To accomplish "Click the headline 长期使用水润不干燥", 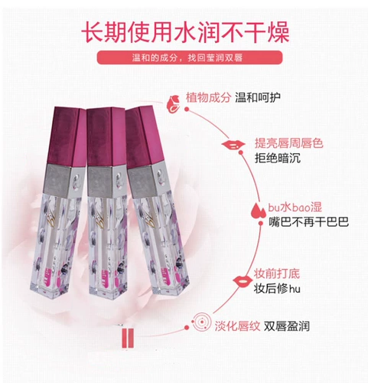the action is (185, 32).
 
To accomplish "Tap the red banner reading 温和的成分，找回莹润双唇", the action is (190, 57).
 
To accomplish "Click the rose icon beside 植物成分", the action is (173, 103).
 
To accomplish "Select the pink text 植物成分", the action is (208, 97).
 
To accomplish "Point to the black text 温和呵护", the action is (258, 97).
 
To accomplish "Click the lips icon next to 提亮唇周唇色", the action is (233, 145).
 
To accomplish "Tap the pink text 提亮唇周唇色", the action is (289, 143).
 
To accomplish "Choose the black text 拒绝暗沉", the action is (278, 158).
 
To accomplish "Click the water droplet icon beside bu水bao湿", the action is (258, 211).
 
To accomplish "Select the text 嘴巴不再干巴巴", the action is (309, 222).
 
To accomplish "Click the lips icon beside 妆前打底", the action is (243, 281).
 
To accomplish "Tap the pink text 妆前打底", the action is (276, 273).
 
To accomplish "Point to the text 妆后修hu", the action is (277, 289).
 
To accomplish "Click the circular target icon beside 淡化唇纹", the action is (202, 322).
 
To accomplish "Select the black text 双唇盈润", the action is (287, 326).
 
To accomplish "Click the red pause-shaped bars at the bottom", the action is (128, 339).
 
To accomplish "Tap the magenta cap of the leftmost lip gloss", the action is (67, 136).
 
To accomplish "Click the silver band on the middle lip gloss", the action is (107, 180).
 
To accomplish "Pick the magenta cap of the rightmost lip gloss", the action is (144, 136).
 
